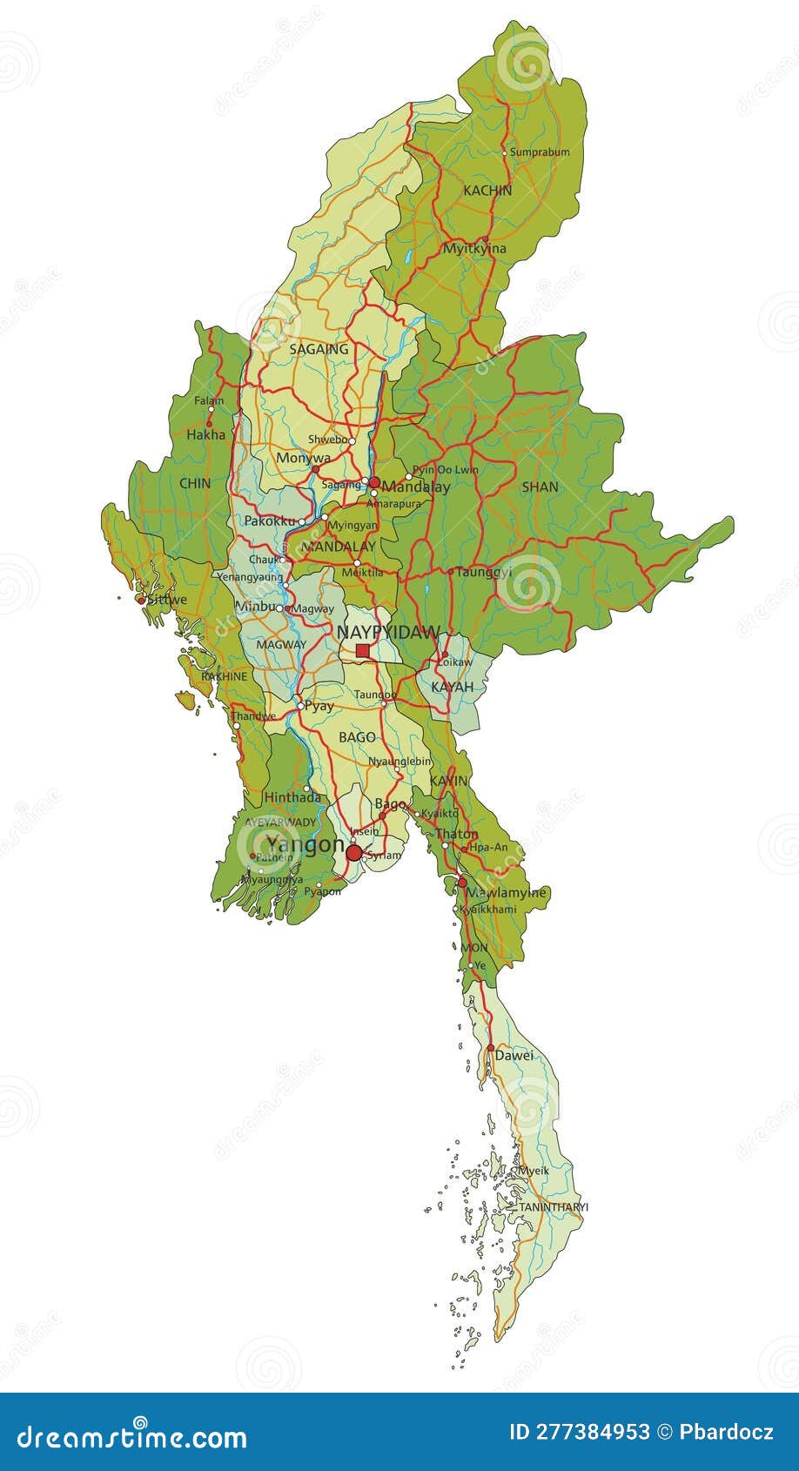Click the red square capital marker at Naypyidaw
click(362, 650)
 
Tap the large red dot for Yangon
click(353, 853)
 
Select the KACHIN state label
click(487, 190)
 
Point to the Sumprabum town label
click(540, 152)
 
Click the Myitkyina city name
click(474, 249)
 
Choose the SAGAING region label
click(319, 349)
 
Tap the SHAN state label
click(540, 487)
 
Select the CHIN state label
click(195, 483)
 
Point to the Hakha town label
click(206, 435)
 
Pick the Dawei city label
click(514, 1056)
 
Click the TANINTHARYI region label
click(554, 1207)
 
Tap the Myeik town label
click(534, 1171)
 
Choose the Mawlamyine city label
click(506, 893)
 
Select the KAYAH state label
click(453, 687)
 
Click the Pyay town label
click(319, 706)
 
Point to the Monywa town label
click(303, 458)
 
